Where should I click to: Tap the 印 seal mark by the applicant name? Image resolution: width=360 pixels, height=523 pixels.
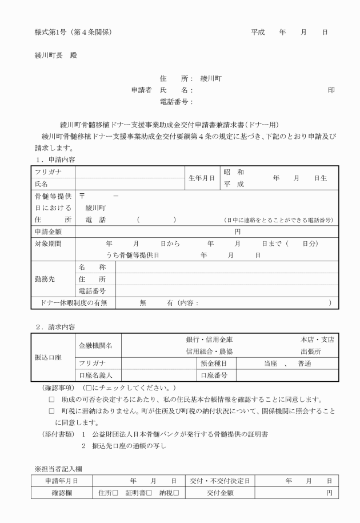tap(331, 90)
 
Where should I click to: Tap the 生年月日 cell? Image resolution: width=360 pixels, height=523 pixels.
tap(201, 178)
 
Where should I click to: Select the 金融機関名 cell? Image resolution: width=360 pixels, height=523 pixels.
tap(95, 345)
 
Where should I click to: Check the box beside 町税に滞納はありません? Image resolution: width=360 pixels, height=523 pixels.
tap(52, 410)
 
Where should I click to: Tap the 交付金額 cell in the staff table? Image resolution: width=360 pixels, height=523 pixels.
tap(213, 492)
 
